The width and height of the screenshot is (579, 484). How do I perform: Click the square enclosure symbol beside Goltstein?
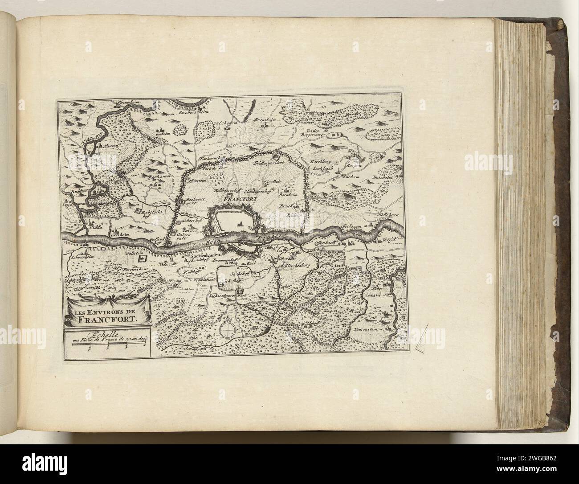tap(143, 258)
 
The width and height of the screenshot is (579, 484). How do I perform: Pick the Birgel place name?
tap(389, 241)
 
